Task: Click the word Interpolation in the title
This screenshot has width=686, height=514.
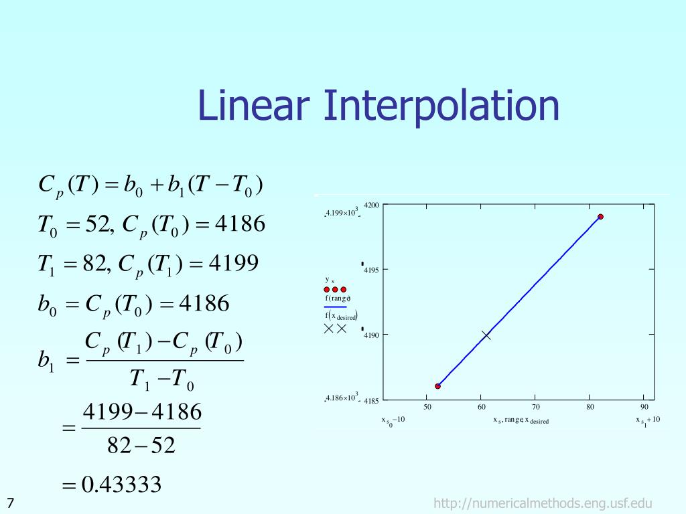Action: pos(442,107)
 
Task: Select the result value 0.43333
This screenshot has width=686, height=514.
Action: pos(121,485)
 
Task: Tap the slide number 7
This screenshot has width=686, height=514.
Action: pos(11,503)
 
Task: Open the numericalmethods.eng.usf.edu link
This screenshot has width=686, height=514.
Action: pos(543,503)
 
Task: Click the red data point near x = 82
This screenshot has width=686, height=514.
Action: pos(601,217)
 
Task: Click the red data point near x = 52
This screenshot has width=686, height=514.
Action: pos(437,386)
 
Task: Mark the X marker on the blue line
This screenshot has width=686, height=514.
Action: pos(486,335)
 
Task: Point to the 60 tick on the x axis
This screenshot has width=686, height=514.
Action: pos(482,407)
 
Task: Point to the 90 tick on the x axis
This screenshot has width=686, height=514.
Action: pos(644,407)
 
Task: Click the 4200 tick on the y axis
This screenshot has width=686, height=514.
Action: pos(371,205)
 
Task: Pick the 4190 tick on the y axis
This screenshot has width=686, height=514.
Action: pos(372,335)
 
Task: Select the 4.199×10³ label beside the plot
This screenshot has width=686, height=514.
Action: pos(342,213)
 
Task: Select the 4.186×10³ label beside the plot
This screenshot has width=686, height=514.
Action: pos(342,398)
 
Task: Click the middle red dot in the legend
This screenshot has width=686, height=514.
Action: pos(335,289)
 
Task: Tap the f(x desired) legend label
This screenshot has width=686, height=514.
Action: pos(341,316)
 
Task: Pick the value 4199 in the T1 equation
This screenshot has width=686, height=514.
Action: pos(234,264)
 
